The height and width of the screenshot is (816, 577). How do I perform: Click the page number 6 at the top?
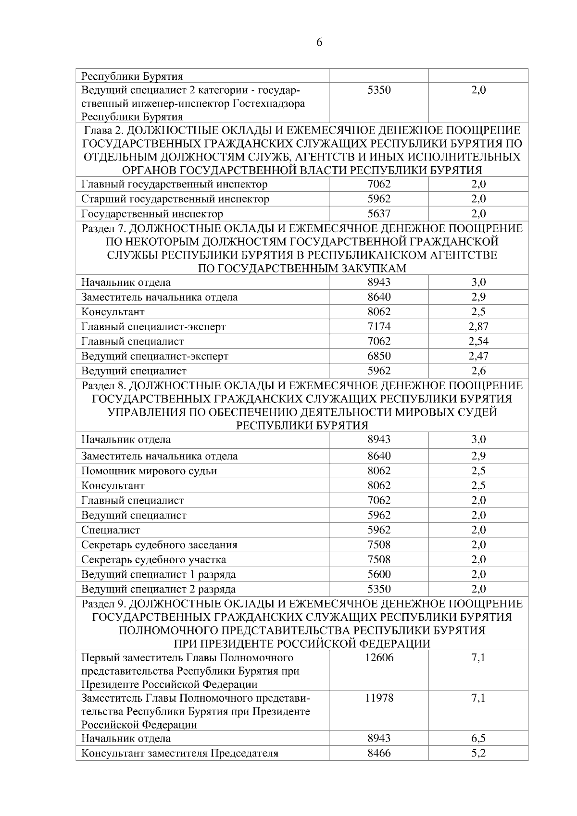pyautogui.click(x=319, y=43)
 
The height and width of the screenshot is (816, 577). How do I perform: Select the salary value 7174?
pyautogui.click(x=379, y=327)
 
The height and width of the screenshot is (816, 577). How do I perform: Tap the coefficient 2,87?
pyautogui.click(x=478, y=327)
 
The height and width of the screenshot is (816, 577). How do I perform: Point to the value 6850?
pyautogui.click(x=379, y=356)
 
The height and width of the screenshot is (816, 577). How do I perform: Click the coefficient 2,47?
pyautogui.click(x=478, y=356)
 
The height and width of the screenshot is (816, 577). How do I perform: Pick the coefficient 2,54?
pyautogui.click(x=478, y=342)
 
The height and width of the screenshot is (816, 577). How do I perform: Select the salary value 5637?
pyautogui.click(x=379, y=214)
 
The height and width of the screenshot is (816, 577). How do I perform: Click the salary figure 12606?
pyautogui.click(x=379, y=658)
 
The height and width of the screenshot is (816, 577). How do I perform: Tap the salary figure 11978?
pyautogui.click(x=379, y=698)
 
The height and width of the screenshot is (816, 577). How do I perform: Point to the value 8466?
pyautogui.click(x=379, y=753)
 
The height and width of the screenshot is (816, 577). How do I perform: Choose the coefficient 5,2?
pyautogui.click(x=478, y=753)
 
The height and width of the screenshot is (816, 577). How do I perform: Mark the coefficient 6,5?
pyautogui.click(x=478, y=738)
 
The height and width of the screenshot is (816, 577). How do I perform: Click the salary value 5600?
pyautogui.click(x=379, y=574)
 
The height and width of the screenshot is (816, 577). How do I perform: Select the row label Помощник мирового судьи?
pyautogui.click(x=149, y=471)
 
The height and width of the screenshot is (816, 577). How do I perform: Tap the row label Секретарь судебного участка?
pyautogui.click(x=153, y=560)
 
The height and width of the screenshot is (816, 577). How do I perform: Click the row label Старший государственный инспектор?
pyautogui.click(x=175, y=199)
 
